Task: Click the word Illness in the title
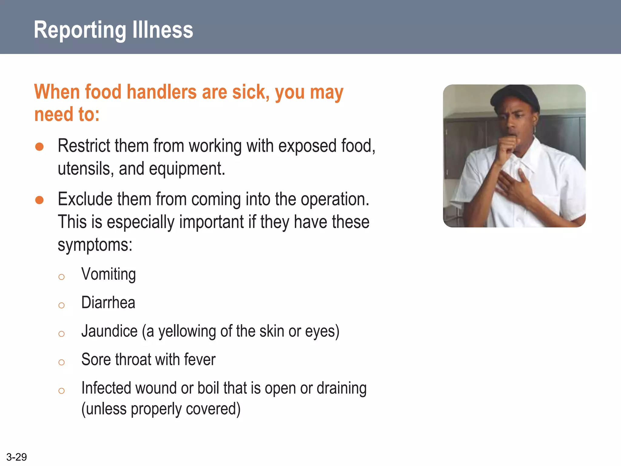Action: [163, 30]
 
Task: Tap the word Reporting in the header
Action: [80, 30]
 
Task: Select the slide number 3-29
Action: [16, 457]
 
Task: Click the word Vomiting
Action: [108, 275]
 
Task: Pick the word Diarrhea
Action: [108, 303]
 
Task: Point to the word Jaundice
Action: [109, 331]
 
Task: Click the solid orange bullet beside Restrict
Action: [39, 147]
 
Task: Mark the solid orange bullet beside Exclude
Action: [39, 200]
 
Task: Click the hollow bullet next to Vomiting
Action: [62, 277]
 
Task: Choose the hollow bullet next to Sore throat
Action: [62, 362]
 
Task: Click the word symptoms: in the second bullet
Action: [95, 245]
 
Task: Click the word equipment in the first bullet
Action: [187, 169]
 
